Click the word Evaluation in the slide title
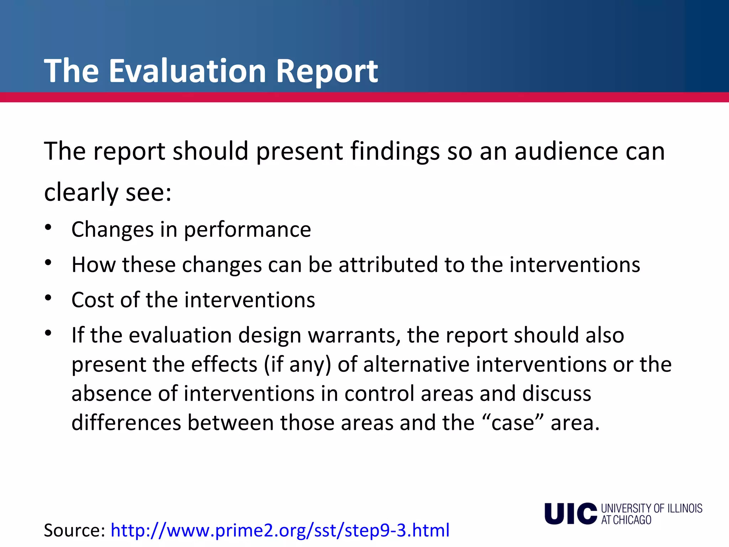[187, 71]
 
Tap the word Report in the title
[327, 71]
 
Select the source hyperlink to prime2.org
[280, 530]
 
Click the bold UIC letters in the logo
[570, 514]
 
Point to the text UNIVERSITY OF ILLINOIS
[651, 508]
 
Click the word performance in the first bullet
[247, 230]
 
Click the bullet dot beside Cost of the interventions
[48, 298]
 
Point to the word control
[379, 394]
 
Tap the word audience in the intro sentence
[566, 151]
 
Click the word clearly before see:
[81, 193]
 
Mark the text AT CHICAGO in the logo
[626, 520]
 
